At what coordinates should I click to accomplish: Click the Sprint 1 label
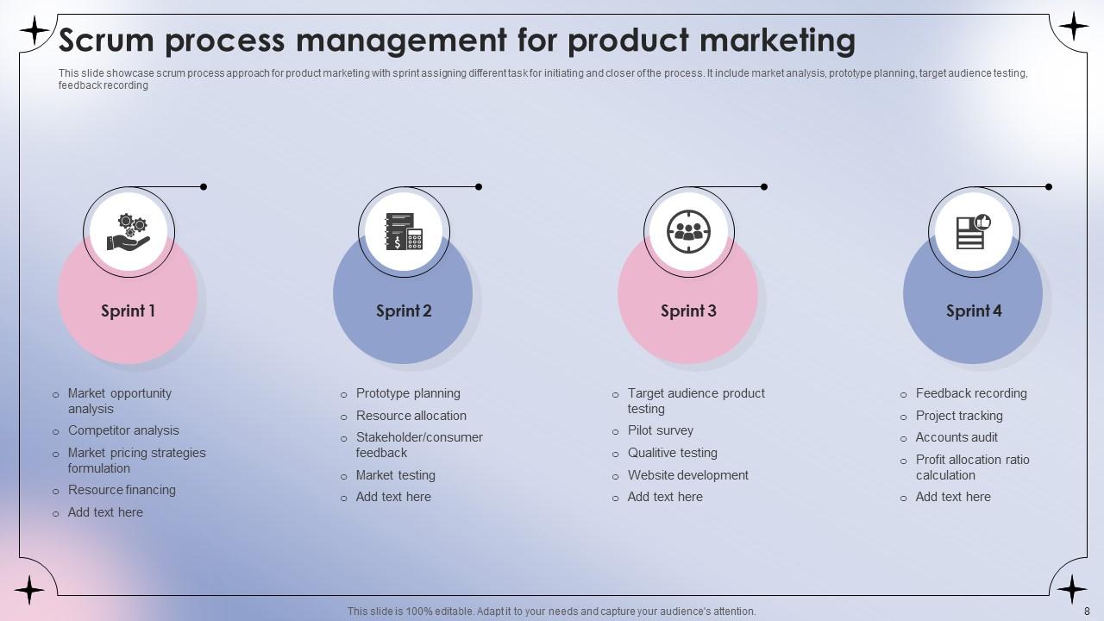tap(128, 311)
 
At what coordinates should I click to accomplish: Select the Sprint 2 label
tap(404, 311)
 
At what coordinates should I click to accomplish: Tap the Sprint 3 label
tap(688, 311)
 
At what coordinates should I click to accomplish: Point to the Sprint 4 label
tap(974, 311)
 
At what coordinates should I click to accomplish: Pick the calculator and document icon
tap(404, 232)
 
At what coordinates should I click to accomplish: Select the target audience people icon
tap(688, 232)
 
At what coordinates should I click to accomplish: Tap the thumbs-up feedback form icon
tap(973, 232)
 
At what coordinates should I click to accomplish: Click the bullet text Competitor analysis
tap(123, 430)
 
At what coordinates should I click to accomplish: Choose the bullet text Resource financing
tap(122, 490)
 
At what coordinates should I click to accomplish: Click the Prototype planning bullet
tap(408, 393)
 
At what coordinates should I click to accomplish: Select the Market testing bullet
tap(395, 475)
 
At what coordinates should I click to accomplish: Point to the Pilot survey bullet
tap(660, 430)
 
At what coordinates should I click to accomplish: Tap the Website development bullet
tap(687, 475)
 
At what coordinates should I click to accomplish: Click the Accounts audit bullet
tap(957, 437)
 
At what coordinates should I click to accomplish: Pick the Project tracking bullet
tap(959, 416)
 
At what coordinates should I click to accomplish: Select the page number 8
tap(1087, 611)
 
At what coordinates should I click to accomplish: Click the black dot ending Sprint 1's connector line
tap(204, 186)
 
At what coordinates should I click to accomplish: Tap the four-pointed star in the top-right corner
tap(1073, 27)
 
